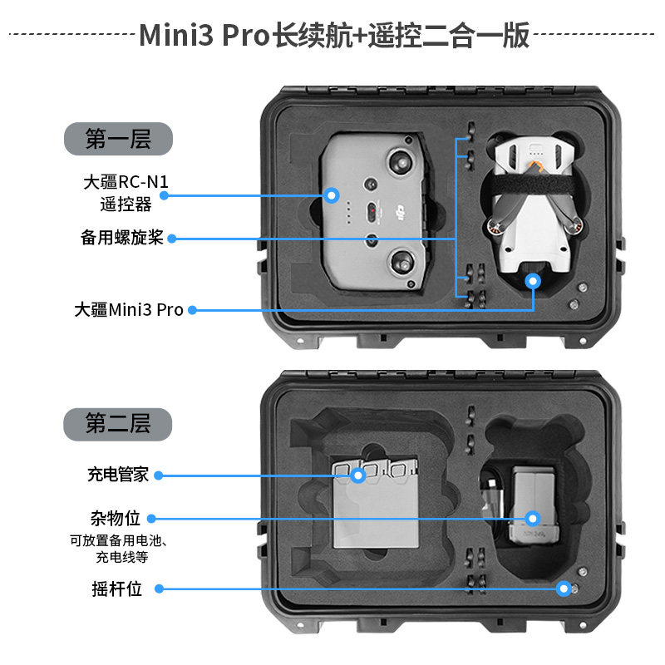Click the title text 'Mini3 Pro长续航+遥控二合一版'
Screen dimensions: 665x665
tap(332, 35)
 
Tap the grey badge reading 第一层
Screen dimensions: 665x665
tap(118, 139)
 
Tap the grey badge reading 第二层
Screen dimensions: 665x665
tap(118, 424)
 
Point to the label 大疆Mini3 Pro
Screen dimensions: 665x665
tap(128, 310)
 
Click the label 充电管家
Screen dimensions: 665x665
tap(117, 475)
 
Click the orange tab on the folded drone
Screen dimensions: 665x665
tap(539, 169)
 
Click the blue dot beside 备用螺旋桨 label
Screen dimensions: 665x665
tap(172, 239)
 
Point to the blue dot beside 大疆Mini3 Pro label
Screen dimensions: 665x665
tap(192, 310)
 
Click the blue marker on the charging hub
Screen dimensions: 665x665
tap(358, 475)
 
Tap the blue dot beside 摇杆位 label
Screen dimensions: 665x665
tap(160, 589)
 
